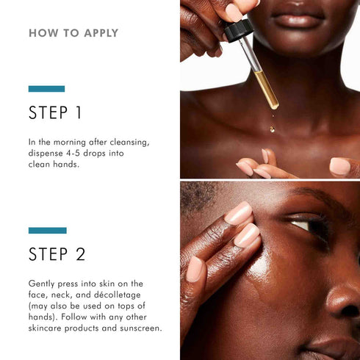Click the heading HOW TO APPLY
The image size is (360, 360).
pos(73,33)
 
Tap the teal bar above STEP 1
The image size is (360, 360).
pos(46,89)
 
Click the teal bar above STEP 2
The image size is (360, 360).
pos(47,230)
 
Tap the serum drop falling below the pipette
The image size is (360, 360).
pos(273,129)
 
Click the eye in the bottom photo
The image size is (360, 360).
pos(305,224)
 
